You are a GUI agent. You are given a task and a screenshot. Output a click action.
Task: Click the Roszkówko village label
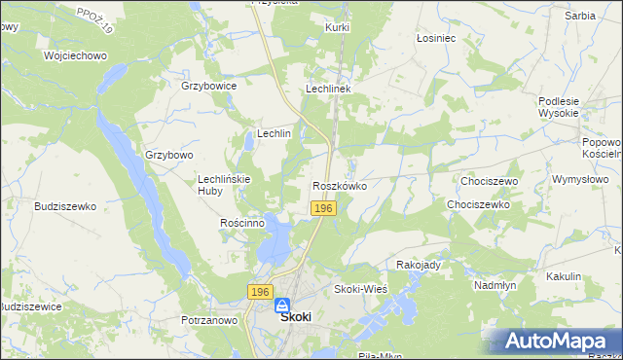pyautogui.click(x=339, y=186)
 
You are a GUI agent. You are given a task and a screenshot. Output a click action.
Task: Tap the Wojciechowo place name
pyautogui.click(x=74, y=55)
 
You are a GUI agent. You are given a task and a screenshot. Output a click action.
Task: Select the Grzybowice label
pyautogui.click(x=209, y=86)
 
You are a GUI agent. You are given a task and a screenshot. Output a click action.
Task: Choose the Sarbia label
pyautogui.click(x=579, y=16)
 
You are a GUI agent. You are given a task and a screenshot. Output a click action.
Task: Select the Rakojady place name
pyautogui.click(x=420, y=265)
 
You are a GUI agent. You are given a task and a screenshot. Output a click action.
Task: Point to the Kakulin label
pyautogui.click(x=564, y=276)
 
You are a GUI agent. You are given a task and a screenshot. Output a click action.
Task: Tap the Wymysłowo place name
pyautogui.click(x=579, y=180)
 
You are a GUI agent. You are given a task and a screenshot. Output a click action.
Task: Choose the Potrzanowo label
pyautogui.click(x=209, y=320)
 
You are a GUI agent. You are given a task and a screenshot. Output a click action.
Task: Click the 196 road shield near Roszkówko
pyautogui.click(x=324, y=209)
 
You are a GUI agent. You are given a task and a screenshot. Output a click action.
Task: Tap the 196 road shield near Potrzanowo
pyautogui.click(x=258, y=292)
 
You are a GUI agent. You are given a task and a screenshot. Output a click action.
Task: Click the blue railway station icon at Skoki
pyautogui.click(x=281, y=305)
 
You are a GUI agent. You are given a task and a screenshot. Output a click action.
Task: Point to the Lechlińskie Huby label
pyautogui.click(x=225, y=185)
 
